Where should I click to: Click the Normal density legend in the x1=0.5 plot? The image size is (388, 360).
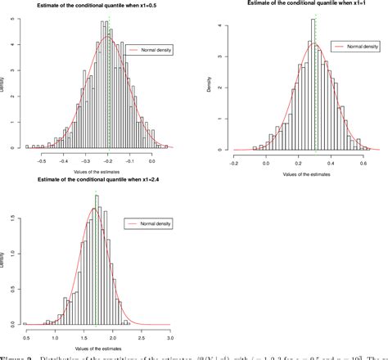pos(145,49)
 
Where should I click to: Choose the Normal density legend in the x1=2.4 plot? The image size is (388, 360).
pos(147,223)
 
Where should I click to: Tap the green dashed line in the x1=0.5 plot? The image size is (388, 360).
pos(108,82)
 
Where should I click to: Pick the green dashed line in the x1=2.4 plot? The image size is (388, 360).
pos(95,262)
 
